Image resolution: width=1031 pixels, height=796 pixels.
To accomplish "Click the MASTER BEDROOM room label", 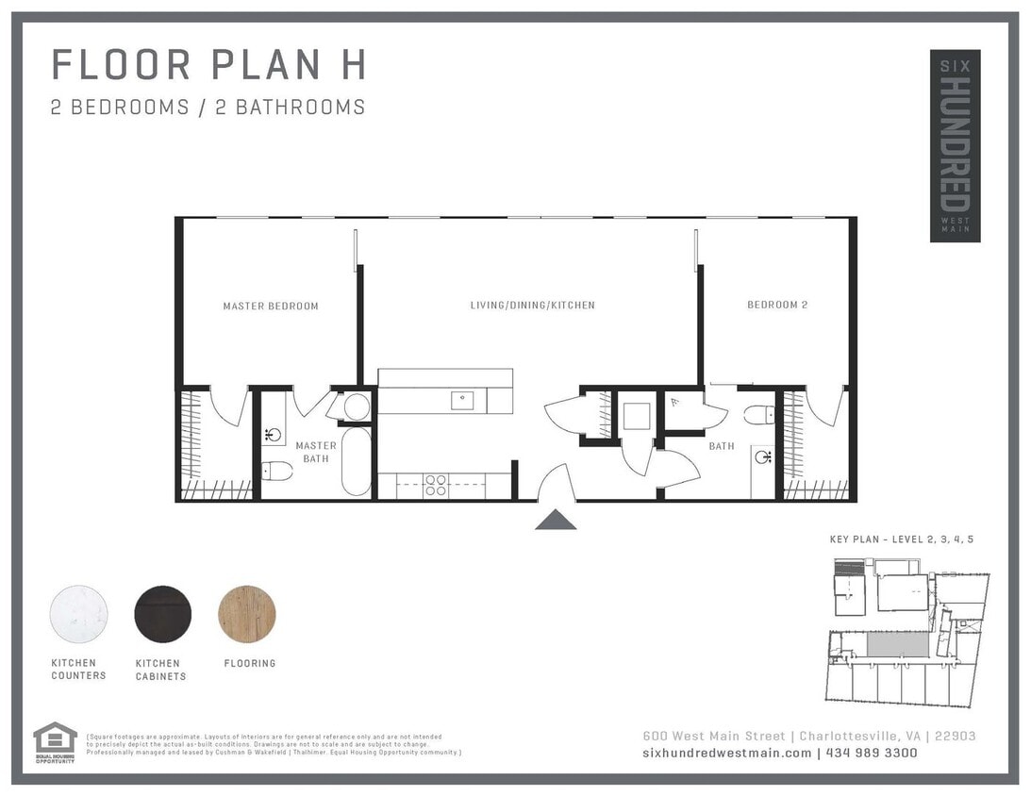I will click(271, 306).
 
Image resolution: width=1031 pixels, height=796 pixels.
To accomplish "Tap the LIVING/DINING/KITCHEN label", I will click(532, 306).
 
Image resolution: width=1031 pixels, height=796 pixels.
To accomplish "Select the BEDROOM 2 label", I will click(777, 305).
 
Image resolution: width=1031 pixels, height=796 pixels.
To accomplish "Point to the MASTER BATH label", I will click(315, 452).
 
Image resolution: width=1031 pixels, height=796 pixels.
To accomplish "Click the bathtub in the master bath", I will click(357, 461).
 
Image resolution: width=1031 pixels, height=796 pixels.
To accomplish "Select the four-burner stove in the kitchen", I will click(435, 485).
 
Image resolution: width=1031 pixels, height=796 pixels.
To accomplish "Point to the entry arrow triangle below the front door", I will click(556, 519).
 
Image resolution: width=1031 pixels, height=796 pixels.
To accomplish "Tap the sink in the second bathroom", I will click(763, 458).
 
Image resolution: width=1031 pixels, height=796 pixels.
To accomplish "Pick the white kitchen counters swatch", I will click(78, 614).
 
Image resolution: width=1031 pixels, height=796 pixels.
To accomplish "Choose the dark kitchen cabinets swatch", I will click(163, 614).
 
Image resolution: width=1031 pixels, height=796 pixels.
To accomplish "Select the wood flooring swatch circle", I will click(247, 614).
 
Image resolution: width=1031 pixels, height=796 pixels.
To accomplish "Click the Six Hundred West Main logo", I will click(955, 145).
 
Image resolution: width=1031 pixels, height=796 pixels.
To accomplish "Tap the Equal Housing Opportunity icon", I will click(55, 739).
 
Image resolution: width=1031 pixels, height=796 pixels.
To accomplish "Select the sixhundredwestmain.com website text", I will click(726, 753).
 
